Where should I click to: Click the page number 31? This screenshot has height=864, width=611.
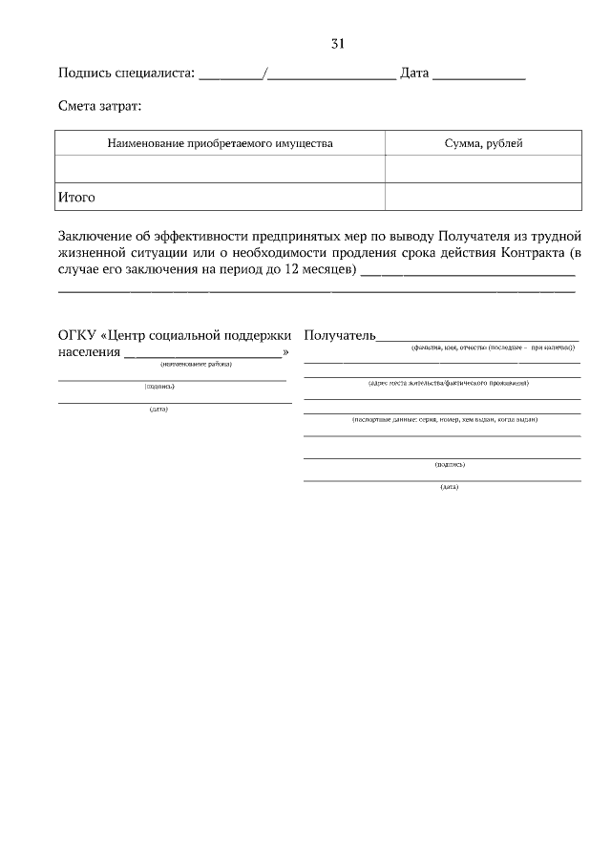coord(337,44)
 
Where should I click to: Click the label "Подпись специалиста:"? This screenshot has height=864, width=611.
coord(126,74)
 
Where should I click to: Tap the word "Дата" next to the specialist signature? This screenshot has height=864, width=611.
coord(414,74)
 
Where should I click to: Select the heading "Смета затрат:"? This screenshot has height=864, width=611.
coord(99,109)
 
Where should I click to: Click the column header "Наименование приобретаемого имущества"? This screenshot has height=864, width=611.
coord(220,143)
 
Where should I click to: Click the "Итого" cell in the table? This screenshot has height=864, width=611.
coord(77,198)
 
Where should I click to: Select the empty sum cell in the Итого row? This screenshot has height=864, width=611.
coord(483,198)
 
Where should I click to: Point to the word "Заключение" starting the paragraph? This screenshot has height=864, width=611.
coord(97,235)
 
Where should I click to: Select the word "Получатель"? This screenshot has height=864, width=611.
coord(340,336)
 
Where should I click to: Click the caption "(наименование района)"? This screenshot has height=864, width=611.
coord(196,364)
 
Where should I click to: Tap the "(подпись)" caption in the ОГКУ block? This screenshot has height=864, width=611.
coord(159,387)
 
